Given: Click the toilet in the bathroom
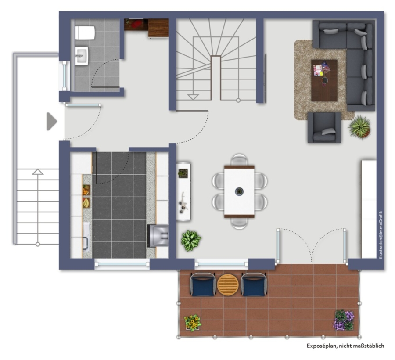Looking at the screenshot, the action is pos(85,33).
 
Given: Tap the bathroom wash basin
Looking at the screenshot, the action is pos(81,56).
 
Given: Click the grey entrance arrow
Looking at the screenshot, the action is pos(52,122).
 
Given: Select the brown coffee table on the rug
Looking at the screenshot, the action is pos(324,80).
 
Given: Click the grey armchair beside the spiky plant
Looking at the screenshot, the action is pos(324,127).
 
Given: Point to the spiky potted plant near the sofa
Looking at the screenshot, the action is pos(359,127).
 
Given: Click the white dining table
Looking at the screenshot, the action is pos(239,191).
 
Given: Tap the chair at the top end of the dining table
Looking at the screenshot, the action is pos(239,160).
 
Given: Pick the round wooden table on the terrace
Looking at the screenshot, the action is pos(228,284).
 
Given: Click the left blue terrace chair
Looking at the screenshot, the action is pos(203,284).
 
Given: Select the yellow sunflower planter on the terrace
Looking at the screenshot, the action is pos(193,323).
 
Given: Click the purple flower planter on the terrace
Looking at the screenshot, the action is pos(344,320).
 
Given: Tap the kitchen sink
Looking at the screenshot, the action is pos(86,237).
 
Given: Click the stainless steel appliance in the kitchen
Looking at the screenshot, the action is pos(158,236).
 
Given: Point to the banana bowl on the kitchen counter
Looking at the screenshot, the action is pos(86,202).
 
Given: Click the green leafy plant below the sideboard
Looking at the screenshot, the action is pos(191,241).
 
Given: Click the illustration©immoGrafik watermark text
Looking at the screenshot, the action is pos(381,235).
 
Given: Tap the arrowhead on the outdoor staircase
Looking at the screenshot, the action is pos(38,172).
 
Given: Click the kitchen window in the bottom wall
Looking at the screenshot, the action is pos(122,264).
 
